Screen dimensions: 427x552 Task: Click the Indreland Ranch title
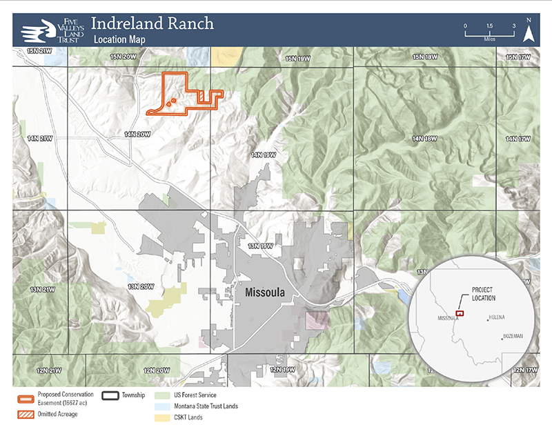click(x=152, y=23)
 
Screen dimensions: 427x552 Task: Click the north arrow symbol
click(x=529, y=30)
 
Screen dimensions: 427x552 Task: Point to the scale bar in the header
click(x=489, y=32)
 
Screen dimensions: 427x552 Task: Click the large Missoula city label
click(x=265, y=292)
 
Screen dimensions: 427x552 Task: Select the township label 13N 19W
click(x=262, y=245)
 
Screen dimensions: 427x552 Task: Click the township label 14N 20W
click(x=137, y=135)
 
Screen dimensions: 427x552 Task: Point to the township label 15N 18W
click(x=426, y=57)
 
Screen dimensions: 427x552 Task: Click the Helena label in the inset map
click(x=497, y=317)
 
